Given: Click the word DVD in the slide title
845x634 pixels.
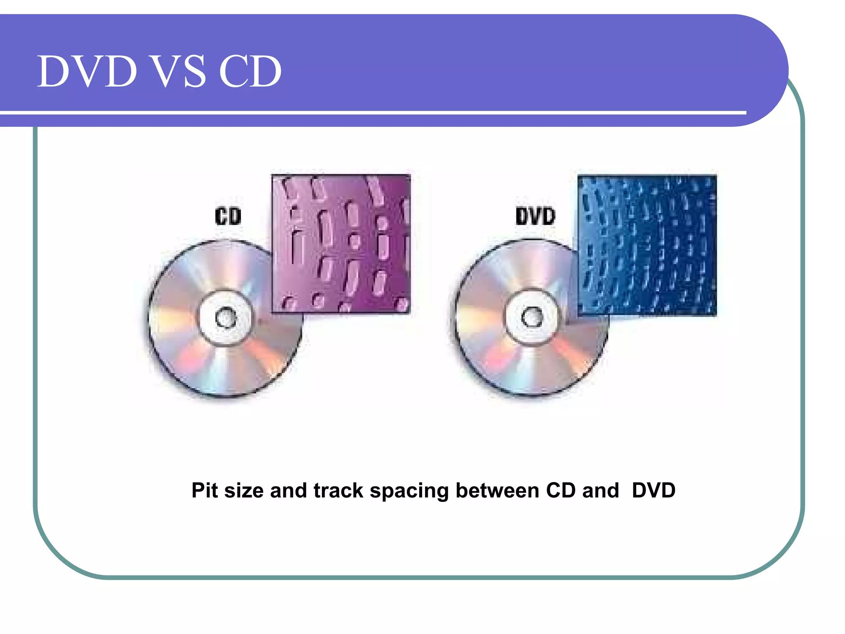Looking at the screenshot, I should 87,71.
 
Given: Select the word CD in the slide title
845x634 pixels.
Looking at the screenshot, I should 250,71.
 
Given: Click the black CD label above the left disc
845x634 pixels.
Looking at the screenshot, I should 228,216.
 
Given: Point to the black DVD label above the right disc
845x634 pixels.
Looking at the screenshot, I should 535,216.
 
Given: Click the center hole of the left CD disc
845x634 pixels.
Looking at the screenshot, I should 226,318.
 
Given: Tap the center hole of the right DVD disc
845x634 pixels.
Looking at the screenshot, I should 532,317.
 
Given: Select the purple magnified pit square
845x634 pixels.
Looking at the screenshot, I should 341,244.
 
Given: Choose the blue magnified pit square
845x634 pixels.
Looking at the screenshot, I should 647,245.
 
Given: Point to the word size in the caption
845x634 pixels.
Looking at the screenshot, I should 244,490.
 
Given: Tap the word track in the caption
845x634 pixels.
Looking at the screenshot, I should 338,490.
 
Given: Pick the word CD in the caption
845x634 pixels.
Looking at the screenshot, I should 561,490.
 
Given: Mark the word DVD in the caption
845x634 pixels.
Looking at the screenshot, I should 654,490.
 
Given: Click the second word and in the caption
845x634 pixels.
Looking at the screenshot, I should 600,490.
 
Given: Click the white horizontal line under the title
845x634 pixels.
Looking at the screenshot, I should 371,112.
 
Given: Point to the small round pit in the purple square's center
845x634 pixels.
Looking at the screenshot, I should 354,241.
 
